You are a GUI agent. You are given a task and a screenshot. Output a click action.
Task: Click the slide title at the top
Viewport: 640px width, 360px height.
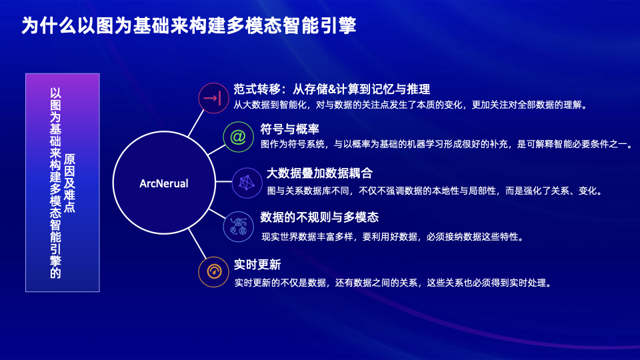click(189, 25)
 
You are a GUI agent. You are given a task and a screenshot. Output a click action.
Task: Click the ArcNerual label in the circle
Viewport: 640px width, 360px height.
click(164, 184)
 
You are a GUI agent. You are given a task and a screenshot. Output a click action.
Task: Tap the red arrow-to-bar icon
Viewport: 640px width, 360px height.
click(213, 98)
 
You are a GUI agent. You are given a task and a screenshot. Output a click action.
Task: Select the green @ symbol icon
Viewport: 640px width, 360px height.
click(239, 137)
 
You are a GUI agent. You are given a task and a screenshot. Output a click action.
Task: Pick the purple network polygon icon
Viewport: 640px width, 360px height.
click(247, 183)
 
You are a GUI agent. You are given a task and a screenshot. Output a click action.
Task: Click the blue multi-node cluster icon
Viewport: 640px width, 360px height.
click(239, 227)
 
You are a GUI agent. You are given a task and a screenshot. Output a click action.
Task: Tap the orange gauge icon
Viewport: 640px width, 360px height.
click(213, 272)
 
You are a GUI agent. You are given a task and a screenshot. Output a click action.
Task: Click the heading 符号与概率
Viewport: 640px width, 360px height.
click(290, 129)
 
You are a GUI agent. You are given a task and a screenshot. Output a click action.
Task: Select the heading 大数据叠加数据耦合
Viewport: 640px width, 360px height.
click(319, 173)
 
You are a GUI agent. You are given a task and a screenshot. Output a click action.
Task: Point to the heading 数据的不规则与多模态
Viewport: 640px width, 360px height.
click(319, 217)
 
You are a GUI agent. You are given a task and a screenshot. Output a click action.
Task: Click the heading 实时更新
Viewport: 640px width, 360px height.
click(257, 265)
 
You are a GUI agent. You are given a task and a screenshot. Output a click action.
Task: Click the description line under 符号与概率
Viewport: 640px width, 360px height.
click(447, 144)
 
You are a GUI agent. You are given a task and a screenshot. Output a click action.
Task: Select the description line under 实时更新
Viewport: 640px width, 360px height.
click(393, 283)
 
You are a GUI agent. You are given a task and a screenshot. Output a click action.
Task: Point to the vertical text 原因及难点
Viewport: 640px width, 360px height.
click(69, 183)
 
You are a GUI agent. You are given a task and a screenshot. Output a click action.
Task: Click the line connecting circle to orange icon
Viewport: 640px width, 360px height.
click(197, 244)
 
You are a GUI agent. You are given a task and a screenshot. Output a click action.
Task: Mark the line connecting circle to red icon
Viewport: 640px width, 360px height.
click(196, 123)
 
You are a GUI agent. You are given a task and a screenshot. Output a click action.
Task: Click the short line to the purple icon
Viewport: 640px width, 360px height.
click(224, 181)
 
